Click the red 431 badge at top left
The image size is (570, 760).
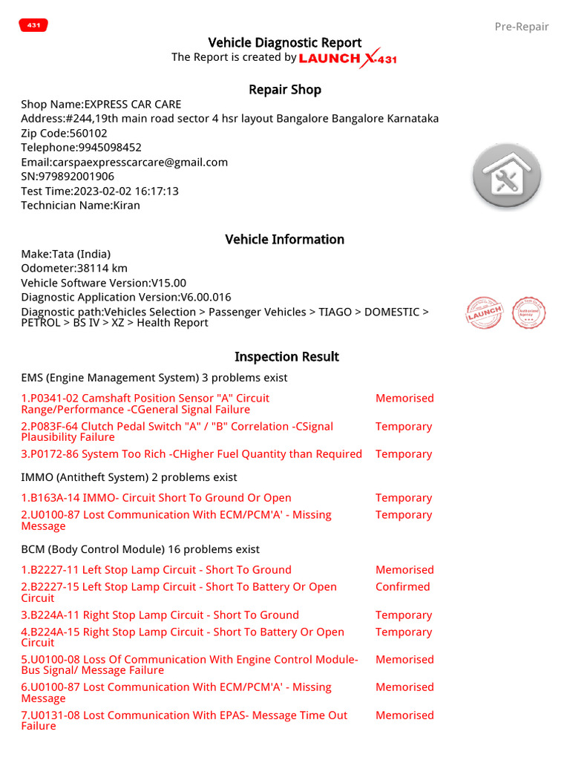pyautogui.click(x=33, y=25)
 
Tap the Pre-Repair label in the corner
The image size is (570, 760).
pyautogui.click(x=521, y=27)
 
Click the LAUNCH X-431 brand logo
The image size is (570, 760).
pyautogui.click(x=347, y=58)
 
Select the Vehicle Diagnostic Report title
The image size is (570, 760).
pyautogui.click(x=284, y=42)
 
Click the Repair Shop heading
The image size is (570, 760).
pyautogui.click(x=284, y=90)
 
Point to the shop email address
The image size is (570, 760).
pyautogui.click(x=124, y=162)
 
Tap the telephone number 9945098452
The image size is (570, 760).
pyautogui.click(x=81, y=148)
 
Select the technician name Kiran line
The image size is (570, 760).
pyautogui.click(x=80, y=206)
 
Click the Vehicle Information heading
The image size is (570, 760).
pyautogui.click(x=284, y=239)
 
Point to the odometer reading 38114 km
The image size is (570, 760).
pyautogui.click(x=74, y=269)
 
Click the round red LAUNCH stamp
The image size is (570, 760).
pyautogui.click(x=485, y=312)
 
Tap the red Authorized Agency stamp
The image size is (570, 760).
pyautogui.click(x=529, y=312)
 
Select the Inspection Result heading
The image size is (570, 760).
pyautogui.click(x=286, y=356)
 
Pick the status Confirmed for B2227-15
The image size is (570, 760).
pyautogui.click(x=402, y=586)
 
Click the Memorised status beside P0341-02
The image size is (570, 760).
pyautogui.click(x=404, y=399)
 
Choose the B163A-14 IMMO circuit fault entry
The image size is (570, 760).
pyautogui.click(x=156, y=498)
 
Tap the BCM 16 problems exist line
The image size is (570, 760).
pyautogui.click(x=140, y=549)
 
